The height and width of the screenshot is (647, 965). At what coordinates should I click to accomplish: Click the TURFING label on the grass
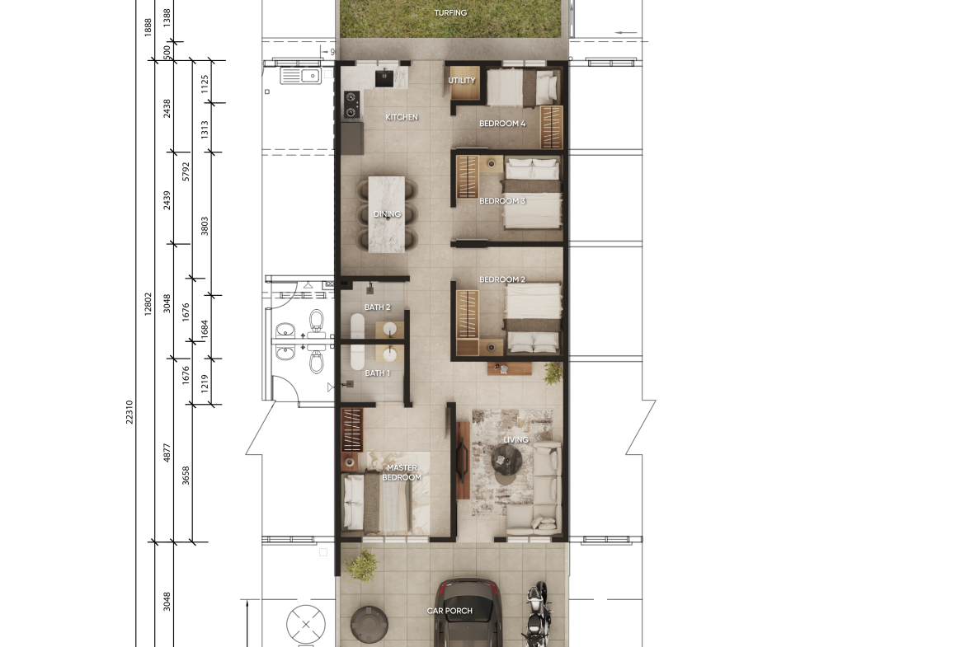[450, 13]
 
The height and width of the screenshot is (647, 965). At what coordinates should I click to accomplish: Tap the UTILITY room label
[462, 81]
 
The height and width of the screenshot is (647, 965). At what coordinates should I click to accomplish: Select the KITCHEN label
[402, 117]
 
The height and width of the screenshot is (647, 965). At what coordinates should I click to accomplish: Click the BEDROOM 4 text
[502, 124]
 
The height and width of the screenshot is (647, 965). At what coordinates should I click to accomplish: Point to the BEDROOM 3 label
[502, 201]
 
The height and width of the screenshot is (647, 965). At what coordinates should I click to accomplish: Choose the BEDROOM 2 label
[502, 279]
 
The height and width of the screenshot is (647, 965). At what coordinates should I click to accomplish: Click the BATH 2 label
[377, 307]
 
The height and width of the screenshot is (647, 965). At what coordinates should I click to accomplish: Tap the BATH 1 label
[377, 373]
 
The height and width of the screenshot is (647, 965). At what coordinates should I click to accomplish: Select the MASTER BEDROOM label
[402, 472]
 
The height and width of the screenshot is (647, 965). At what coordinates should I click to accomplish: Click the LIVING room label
[515, 440]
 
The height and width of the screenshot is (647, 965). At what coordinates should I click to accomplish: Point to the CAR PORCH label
[450, 611]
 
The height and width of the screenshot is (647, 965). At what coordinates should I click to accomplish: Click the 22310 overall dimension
[129, 411]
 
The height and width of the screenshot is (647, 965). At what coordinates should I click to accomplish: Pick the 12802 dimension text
[148, 304]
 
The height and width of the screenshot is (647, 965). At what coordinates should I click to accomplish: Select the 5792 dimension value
[186, 171]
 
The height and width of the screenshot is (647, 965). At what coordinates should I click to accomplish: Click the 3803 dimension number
[205, 226]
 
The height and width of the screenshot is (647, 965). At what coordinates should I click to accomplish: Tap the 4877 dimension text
[167, 452]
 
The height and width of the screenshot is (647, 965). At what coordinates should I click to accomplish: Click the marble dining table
[387, 214]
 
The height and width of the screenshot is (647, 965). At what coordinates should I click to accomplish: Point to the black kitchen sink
[384, 78]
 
